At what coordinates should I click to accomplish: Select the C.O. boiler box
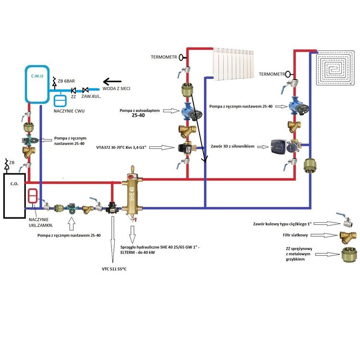(14, 194)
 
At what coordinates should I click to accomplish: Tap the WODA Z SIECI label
(117, 89)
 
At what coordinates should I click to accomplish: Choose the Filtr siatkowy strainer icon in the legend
(347, 236)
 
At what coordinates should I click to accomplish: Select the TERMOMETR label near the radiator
(164, 57)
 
